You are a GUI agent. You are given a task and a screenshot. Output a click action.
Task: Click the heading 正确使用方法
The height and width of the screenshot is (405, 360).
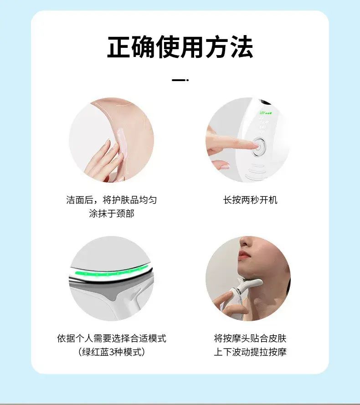point(180,47)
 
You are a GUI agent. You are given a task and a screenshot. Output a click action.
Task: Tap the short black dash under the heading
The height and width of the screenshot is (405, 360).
point(180,80)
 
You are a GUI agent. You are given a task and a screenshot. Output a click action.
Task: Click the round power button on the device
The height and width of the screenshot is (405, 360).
point(259,146)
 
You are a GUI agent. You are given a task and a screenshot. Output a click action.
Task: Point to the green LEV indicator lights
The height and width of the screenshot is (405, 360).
point(266,113)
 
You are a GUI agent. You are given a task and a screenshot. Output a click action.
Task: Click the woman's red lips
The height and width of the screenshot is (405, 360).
point(244,255)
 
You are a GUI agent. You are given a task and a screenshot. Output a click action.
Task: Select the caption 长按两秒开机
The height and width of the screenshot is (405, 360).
point(250,200)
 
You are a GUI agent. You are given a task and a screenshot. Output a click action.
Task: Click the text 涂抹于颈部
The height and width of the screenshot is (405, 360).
point(112,213)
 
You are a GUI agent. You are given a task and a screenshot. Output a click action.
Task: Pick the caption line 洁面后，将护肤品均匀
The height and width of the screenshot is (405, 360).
point(112,200)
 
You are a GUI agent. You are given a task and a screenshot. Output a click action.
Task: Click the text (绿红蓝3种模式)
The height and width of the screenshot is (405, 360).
point(112,352)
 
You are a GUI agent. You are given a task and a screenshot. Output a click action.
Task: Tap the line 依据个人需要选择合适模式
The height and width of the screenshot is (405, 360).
point(112,338)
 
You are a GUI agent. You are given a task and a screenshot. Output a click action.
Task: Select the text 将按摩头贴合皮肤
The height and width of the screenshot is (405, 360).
point(250,338)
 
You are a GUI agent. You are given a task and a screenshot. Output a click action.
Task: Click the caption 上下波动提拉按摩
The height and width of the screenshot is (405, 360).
point(250,352)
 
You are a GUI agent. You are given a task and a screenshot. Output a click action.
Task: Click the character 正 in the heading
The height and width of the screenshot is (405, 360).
point(118,47)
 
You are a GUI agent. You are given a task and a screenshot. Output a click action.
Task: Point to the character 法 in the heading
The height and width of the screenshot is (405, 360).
point(242,47)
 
